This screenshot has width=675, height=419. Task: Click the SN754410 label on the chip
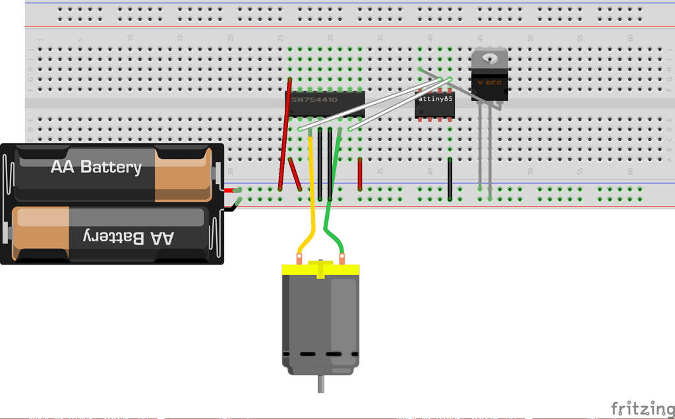pos(314,100)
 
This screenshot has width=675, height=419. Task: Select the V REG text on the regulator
pos(489,82)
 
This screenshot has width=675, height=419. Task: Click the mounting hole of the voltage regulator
pos(489,57)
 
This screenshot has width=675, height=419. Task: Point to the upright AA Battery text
pos(96,167)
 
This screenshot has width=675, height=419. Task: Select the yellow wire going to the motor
pos(310,198)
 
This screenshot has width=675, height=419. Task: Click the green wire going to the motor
pos(332,198)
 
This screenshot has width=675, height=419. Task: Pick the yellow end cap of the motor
pos(320,269)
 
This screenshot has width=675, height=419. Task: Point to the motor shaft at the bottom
pos(321,384)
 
